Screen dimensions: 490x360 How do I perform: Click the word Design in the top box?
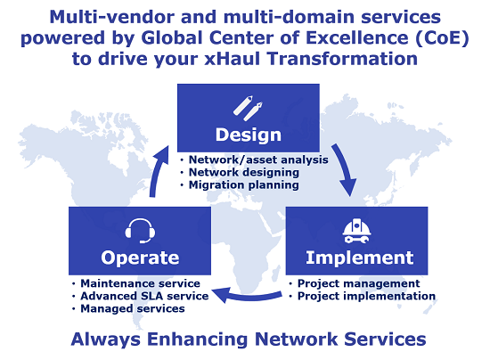(249, 135)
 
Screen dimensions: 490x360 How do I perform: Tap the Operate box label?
(140, 258)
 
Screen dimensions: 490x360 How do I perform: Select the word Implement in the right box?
(360, 258)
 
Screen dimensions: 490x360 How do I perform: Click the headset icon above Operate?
(140, 231)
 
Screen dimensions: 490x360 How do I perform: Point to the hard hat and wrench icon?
(357, 232)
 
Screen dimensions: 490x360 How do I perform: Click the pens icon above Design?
(249, 108)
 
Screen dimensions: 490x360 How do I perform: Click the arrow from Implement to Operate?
(249, 296)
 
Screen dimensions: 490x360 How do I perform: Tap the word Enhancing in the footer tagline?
(198, 340)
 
